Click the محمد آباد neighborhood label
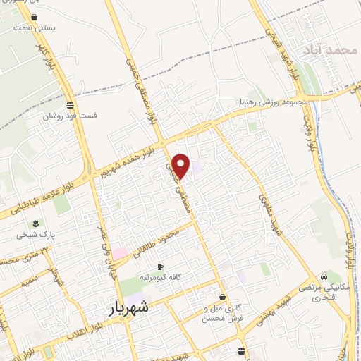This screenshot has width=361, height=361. point(324,50)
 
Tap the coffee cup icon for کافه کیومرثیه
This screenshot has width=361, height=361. point(160,267)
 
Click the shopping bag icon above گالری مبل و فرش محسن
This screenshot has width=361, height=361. point(223,298)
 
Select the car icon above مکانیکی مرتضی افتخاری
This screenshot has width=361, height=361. point(323,276)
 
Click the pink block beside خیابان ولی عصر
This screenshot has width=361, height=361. point(121,252)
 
